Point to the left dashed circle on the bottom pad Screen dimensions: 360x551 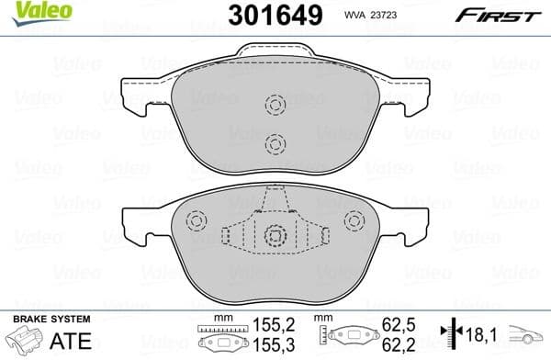(195, 220)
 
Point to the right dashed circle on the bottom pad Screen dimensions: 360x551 (354, 220)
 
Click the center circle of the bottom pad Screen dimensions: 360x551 (275, 236)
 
